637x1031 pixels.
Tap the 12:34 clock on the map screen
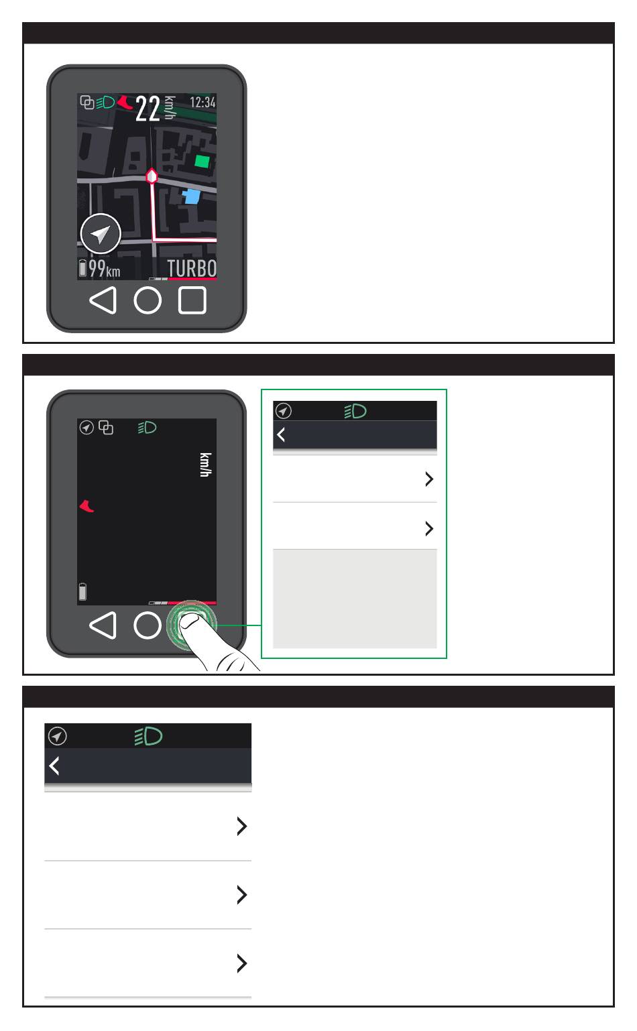pos(202,102)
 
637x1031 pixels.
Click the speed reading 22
pos(148,109)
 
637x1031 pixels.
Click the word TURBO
pos(192,268)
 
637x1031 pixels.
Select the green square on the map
pos(202,162)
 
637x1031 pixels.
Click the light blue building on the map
pos(191,196)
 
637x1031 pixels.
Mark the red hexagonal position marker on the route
pos(152,176)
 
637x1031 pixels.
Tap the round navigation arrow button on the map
pos(101,234)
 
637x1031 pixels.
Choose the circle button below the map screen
pos(148,300)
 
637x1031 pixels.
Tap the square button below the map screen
pos(192,300)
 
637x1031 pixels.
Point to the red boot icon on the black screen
pos(86,506)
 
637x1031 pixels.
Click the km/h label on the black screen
pos(206,465)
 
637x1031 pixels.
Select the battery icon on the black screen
pos(83,592)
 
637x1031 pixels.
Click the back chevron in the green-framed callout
pos(281,434)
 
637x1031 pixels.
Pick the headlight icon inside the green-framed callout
pos(355,411)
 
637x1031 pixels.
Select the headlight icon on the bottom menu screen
pos(148,736)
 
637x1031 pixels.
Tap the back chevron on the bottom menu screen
pos(54,766)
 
